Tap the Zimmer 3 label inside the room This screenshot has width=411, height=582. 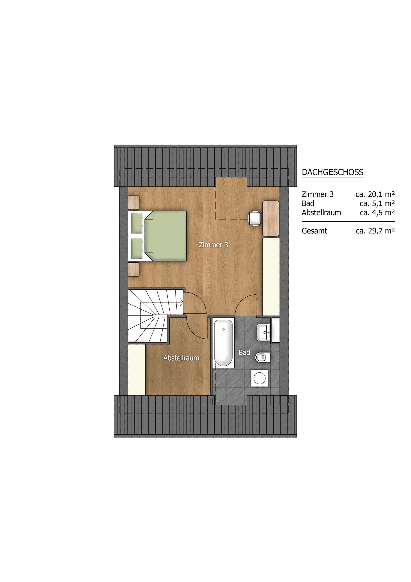pyautogui.click(x=213, y=245)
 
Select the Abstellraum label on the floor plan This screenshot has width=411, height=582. pyautogui.click(x=181, y=358)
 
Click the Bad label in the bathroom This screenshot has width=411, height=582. pyautogui.click(x=244, y=352)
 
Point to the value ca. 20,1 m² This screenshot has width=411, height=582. pyautogui.click(x=375, y=194)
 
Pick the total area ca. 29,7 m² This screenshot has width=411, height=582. pyautogui.click(x=375, y=231)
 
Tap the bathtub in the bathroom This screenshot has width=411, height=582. pyautogui.click(x=223, y=342)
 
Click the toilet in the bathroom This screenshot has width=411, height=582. pyautogui.click(x=262, y=358)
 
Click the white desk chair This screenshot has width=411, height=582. pyautogui.click(x=255, y=218)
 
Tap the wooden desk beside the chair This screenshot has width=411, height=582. pyautogui.click(x=271, y=218)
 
